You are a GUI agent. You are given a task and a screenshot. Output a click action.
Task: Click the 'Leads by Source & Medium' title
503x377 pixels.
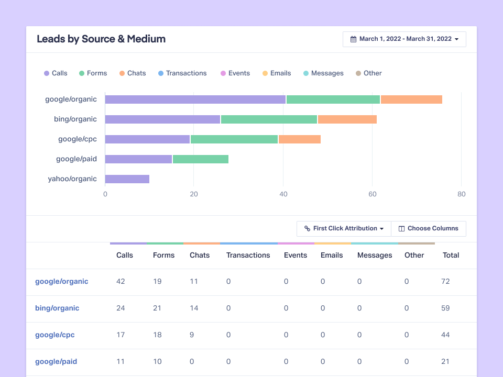click(101, 39)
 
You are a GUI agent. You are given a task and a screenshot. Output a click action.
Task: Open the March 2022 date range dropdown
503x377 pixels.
click(404, 39)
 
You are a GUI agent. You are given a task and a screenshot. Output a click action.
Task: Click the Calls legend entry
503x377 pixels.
click(56, 73)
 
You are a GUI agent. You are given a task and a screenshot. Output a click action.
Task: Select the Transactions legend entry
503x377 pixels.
click(182, 73)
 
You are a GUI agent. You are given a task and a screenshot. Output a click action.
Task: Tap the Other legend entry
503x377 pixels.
click(369, 73)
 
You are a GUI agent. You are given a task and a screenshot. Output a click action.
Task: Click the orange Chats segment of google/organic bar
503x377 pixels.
click(411, 99)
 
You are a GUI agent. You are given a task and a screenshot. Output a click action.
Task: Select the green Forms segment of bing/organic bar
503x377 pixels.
click(269, 119)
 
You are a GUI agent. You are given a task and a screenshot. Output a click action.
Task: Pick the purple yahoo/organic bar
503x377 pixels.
click(127, 179)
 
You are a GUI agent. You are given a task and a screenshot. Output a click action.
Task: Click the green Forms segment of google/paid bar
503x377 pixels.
click(201, 159)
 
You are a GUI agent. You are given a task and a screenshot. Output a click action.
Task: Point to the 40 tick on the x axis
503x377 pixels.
click(283, 194)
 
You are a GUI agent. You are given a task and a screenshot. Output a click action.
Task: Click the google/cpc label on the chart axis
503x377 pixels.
click(78, 139)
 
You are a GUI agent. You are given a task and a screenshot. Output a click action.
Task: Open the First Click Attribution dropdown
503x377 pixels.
click(344, 229)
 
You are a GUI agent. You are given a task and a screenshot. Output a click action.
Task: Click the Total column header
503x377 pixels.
click(451, 256)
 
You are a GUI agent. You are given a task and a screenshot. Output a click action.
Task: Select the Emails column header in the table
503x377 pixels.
click(332, 256)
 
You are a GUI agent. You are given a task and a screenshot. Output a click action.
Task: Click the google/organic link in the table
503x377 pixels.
click(62, 282)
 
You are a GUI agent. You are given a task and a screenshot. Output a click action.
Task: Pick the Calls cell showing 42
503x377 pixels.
click(121, 282)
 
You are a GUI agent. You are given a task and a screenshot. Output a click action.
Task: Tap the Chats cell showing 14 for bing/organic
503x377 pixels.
click(194, 308)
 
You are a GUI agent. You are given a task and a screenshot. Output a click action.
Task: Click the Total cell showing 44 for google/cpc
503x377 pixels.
click(445, 335)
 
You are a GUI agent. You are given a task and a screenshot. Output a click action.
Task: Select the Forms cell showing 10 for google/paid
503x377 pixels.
click(157, 362)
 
